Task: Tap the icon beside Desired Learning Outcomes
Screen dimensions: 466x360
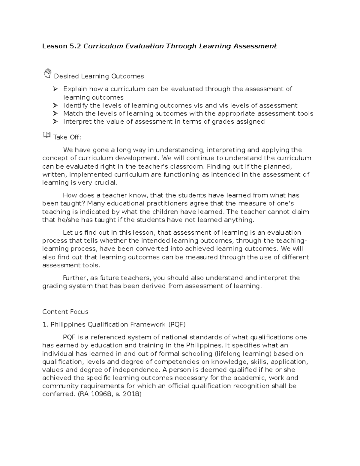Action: [47, 74]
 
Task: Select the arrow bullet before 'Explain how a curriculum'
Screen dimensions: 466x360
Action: [55, 89]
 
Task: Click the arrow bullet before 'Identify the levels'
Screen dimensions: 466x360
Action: [55, 105]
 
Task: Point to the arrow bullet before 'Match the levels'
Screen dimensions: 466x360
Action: [55, 113]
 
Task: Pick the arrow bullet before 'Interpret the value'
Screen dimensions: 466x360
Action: [55, 122]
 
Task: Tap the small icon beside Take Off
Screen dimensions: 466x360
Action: [47, 135]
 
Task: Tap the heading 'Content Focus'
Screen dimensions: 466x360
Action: [65, 312]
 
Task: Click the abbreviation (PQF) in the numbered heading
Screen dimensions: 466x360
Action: [177, 325]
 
